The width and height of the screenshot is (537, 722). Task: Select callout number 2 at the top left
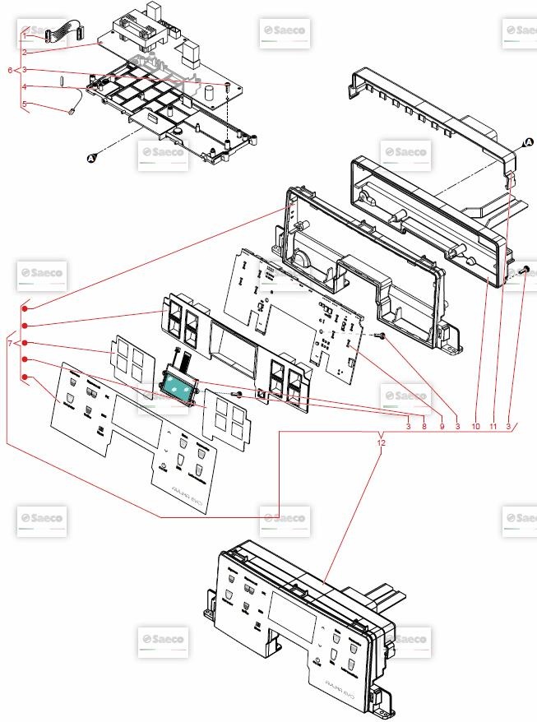click(25, 52)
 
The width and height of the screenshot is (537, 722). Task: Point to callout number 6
click(10, 71)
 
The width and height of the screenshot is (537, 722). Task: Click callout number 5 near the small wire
click(25, 104)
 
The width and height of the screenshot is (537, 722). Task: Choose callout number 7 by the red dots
click(10, 342)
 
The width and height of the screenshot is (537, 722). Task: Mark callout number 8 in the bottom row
click(424, 426)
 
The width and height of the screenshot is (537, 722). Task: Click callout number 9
click(441, 426)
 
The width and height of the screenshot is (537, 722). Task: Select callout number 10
click(475, 426)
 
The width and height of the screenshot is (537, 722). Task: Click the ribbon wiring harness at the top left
click(62, 34)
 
